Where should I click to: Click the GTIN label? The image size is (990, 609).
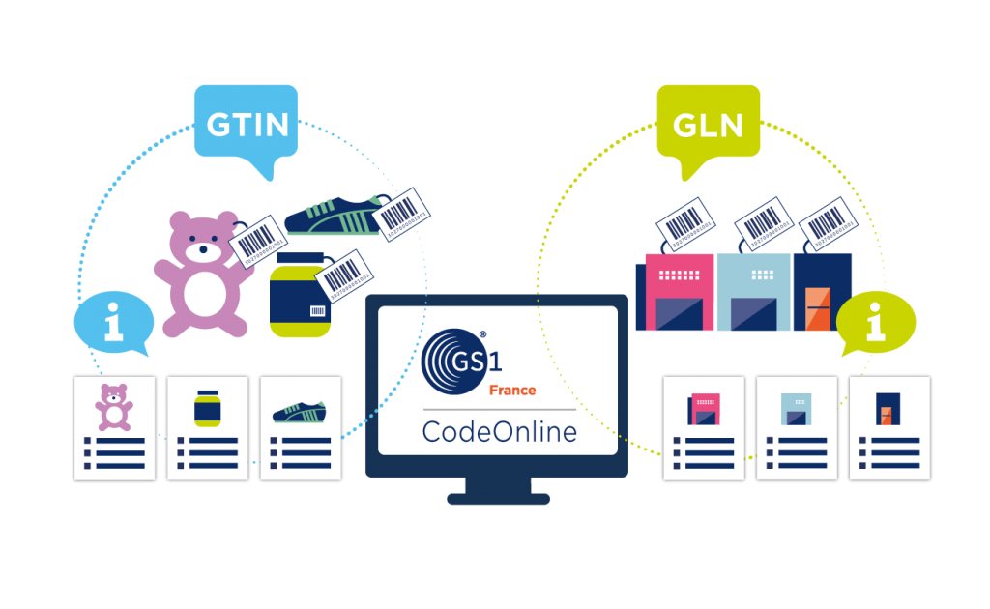pyautogui.click(x=247, y=124)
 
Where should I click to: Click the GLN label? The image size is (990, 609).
pyautogui.click(x=708, y=124)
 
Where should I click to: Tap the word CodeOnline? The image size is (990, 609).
pyautogui.click(x=499, y=430)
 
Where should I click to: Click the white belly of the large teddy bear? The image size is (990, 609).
pyautogui.click(x=205, y=293)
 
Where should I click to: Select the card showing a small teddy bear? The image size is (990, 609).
pyautogui.click(x=115, y=426)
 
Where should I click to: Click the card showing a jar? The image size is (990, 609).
pyautogui.click(x=207, y=426)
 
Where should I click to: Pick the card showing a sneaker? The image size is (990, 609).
pyautogui.click(x=300, y=426)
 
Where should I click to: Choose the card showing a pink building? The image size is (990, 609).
pyautogui.click(x=703, y=426)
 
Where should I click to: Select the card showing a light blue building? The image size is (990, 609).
pyautogui.click(x=796, y=426)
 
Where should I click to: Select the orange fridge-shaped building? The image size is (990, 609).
pyautogui.click(x=817, y=311)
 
